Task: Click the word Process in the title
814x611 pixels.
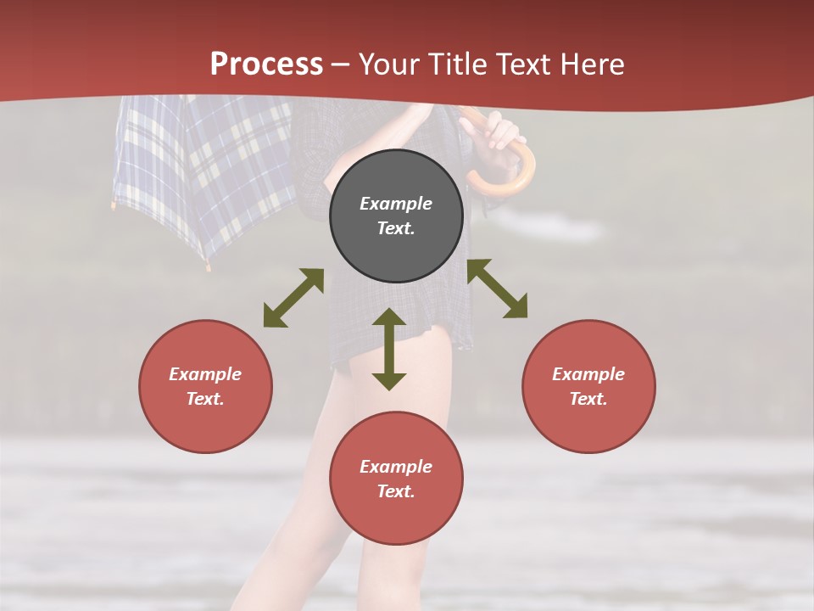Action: (x=266, y=64)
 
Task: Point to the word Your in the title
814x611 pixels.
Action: (x=389, y=64)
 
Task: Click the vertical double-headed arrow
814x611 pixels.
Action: (x=389, y=349)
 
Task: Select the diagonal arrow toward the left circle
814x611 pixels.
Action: (x=293, y=298)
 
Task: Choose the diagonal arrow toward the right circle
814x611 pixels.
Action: (x=498, y=289)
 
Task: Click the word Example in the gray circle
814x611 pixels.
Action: (x=396, y=204)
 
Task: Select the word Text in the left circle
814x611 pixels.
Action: (x=205, y=399)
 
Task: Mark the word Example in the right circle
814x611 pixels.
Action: (x=588, y=374)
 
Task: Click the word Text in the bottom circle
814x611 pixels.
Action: (x=396, y=491)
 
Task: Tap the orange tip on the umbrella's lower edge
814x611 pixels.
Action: (x=207, y=266)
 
